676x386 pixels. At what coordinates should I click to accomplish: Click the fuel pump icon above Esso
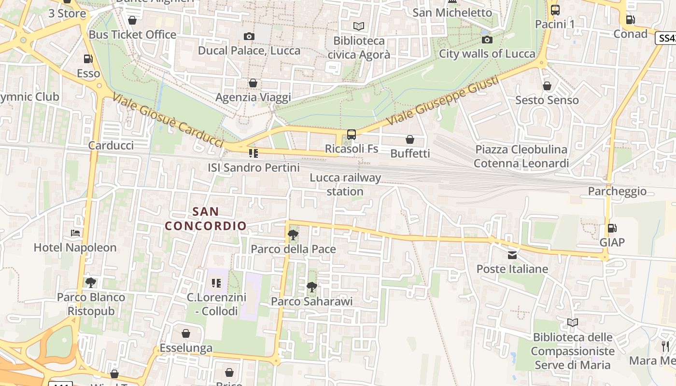point(88,59)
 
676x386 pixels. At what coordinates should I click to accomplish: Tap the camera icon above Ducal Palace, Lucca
point(249,36)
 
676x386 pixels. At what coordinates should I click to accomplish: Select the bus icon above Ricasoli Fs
point(352,135)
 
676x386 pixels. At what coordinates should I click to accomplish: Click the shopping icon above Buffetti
point(410,139)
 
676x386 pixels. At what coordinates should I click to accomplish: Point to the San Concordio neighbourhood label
point(206,219)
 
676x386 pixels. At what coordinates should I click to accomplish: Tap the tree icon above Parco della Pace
point(293,235)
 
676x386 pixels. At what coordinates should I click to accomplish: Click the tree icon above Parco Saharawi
point(312,288)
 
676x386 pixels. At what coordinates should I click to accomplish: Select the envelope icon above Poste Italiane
point(512,255)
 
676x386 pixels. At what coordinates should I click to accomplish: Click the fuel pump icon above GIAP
point(612,228)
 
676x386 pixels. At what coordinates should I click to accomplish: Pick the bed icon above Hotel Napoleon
point(75,234)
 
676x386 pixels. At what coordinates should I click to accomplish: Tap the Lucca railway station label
point(345,184)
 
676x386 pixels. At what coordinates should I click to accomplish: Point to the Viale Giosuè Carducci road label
point(168,120)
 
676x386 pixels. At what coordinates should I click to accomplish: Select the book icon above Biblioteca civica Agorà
point(359,26)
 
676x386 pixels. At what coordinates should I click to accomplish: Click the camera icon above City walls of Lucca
point(487,40)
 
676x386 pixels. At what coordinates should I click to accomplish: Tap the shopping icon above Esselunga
point(186,333)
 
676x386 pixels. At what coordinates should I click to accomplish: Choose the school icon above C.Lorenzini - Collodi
point(216,283)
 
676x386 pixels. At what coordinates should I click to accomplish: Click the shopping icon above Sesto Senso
point(547,86)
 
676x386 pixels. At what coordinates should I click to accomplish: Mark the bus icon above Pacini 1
point(555,10)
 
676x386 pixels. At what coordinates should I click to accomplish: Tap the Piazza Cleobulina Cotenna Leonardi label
point(521,156)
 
